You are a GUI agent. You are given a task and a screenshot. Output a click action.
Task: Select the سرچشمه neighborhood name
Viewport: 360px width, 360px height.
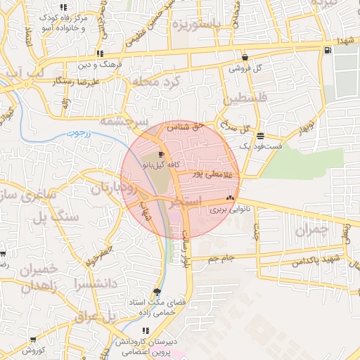coord(124,122)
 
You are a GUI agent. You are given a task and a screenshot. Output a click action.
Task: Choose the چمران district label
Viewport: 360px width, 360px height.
coord(311,229)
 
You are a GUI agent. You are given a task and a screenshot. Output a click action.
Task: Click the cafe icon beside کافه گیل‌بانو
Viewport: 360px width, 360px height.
coord(162,154)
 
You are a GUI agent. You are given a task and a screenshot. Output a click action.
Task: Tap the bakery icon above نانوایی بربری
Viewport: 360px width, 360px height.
coord(230,199)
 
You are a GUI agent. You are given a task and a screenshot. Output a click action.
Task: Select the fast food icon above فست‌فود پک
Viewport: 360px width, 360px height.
coord(261,136)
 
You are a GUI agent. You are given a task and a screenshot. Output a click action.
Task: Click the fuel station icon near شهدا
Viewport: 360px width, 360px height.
coord(328,50)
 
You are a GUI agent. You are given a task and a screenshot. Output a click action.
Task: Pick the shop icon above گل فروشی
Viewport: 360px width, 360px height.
coord(245,58)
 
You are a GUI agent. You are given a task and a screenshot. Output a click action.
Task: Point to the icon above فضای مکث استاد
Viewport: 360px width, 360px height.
coord(156,292)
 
